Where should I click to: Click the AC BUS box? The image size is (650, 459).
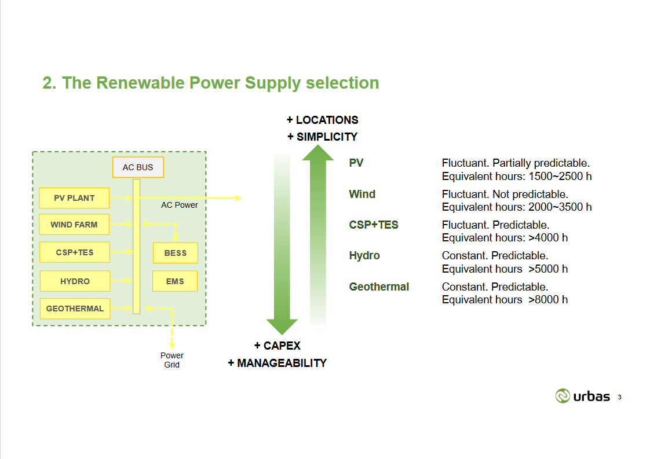coord(138,167)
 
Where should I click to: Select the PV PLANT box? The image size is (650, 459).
coord(74,198)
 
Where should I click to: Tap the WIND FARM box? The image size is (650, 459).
coord(74,225)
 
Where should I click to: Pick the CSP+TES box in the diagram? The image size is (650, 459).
coord(74,252)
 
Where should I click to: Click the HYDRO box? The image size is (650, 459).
coord(74,281)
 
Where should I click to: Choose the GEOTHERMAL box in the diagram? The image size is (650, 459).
coord(74,309)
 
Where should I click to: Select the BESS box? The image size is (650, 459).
coord(175,253)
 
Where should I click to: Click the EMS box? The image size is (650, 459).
coord(175,281)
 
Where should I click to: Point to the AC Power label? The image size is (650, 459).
coord(180,205)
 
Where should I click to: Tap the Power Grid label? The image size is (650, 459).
coord(172,360)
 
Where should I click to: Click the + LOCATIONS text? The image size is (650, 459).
coord(322,120)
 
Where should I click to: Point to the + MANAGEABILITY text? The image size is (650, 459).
coord(277,363)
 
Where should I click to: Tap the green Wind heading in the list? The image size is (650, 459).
coord(362,194)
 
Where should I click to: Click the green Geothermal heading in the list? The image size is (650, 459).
coord(379,287)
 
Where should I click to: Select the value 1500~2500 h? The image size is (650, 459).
coord(560,176)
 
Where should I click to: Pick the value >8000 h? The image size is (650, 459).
coord(548,299)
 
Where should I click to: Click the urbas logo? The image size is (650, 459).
coord(583,396)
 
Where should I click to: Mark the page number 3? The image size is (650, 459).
coord(620,397)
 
